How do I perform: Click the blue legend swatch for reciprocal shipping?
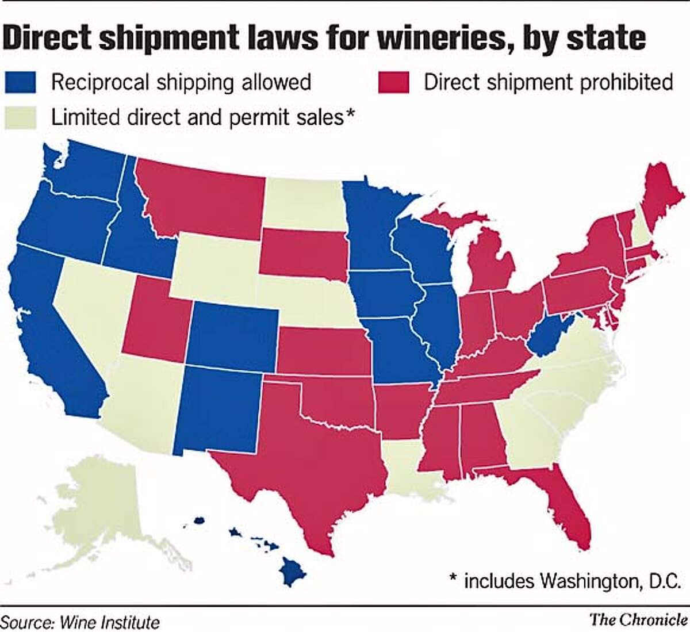21,82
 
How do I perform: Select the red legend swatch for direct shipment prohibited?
393,82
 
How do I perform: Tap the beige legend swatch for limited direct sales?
21,117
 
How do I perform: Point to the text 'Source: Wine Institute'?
80,622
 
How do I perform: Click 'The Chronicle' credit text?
638,619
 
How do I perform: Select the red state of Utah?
155,322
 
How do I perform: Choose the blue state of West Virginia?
546,339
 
